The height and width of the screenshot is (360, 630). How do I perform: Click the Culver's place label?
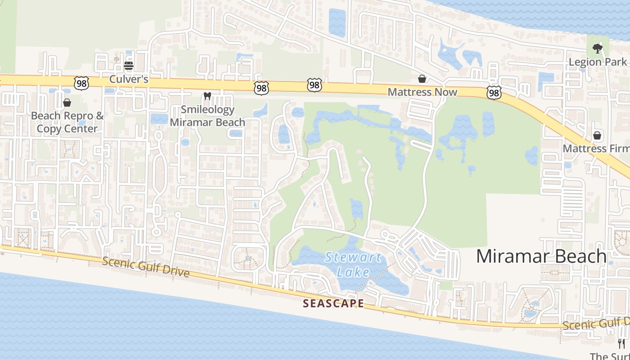[129, 79]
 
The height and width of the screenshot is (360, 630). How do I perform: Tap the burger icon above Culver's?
[129, 66]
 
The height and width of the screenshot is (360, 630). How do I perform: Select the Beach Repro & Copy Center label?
[67, 122]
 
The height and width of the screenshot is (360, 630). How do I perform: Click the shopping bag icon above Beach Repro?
[67, 103]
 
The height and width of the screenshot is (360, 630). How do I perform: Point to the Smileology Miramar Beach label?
[207, 116]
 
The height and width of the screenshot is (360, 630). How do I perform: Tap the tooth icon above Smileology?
[207, 95]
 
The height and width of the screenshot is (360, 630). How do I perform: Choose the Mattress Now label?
[422, 92]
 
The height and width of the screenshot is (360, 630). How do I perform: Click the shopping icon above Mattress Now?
[422, 79]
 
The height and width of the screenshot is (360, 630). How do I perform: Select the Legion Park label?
[598, 62]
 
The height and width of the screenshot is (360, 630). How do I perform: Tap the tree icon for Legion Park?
[597, 48]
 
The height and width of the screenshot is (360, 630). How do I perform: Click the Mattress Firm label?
[596, 148]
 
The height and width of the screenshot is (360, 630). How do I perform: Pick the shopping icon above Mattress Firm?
[597, 135]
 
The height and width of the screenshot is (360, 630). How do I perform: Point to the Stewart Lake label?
[353, 265]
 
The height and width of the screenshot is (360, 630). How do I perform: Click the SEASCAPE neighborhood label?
[333, 303]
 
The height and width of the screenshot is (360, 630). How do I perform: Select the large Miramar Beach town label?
[541, 256]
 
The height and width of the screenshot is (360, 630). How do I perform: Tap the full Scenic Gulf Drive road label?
[145, 267]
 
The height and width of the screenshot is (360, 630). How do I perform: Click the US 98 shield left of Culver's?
[82, 83]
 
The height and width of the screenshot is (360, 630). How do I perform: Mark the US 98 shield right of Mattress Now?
[494, 93]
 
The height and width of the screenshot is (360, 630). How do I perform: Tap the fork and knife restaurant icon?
[621, 343]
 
